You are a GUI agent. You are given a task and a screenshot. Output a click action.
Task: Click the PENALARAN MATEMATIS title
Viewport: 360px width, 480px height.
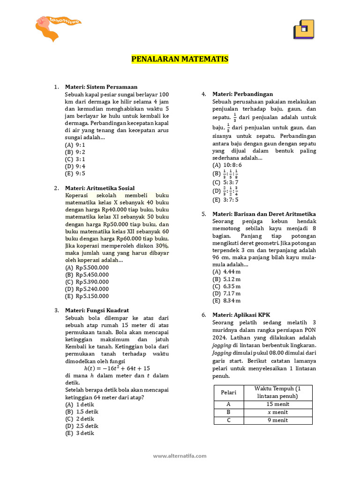180,60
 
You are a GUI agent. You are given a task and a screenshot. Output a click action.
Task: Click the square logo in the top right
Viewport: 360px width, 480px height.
303,30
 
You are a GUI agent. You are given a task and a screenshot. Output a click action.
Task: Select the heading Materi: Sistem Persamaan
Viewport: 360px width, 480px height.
101,87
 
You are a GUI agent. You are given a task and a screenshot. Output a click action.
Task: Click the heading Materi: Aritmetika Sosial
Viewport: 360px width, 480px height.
100,188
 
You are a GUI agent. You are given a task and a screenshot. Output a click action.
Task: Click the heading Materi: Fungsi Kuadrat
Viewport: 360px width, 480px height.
97,310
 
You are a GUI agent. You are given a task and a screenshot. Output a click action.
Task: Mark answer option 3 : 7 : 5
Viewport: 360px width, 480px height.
225,200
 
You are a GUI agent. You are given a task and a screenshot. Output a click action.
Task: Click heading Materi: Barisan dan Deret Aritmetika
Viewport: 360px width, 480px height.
264,214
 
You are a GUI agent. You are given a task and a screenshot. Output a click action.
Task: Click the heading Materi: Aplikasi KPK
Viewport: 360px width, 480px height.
241,315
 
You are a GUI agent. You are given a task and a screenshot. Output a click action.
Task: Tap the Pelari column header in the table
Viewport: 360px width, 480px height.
228,392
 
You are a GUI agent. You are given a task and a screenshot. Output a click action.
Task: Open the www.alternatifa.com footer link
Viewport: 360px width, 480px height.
180,456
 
